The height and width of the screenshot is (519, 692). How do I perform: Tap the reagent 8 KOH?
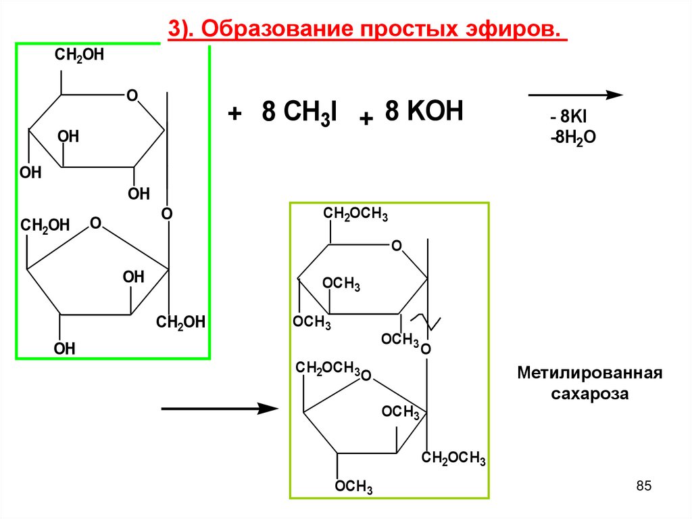[x=424, y=110]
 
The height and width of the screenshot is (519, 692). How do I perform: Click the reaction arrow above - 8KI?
[x=574, y=95]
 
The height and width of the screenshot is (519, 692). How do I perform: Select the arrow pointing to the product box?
[x=220, y=409]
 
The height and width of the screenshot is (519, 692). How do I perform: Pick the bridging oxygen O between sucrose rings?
[x=167, y=214]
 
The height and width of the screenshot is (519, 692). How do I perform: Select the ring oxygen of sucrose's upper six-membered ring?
[x=132, y=95]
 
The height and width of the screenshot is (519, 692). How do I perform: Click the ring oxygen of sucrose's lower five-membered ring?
[x=95, y=222]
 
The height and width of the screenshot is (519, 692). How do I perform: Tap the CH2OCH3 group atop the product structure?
[x=355, y=215]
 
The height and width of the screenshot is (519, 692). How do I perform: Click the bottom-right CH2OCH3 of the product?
[x=453, y=459]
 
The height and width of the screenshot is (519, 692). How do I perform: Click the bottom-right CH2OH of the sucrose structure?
[x=180, y=323]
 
